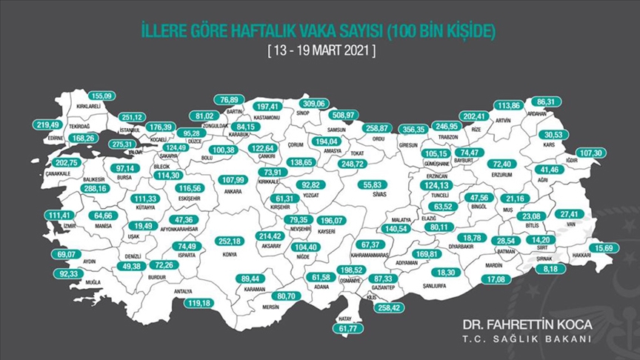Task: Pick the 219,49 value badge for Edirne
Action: (50, 126)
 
